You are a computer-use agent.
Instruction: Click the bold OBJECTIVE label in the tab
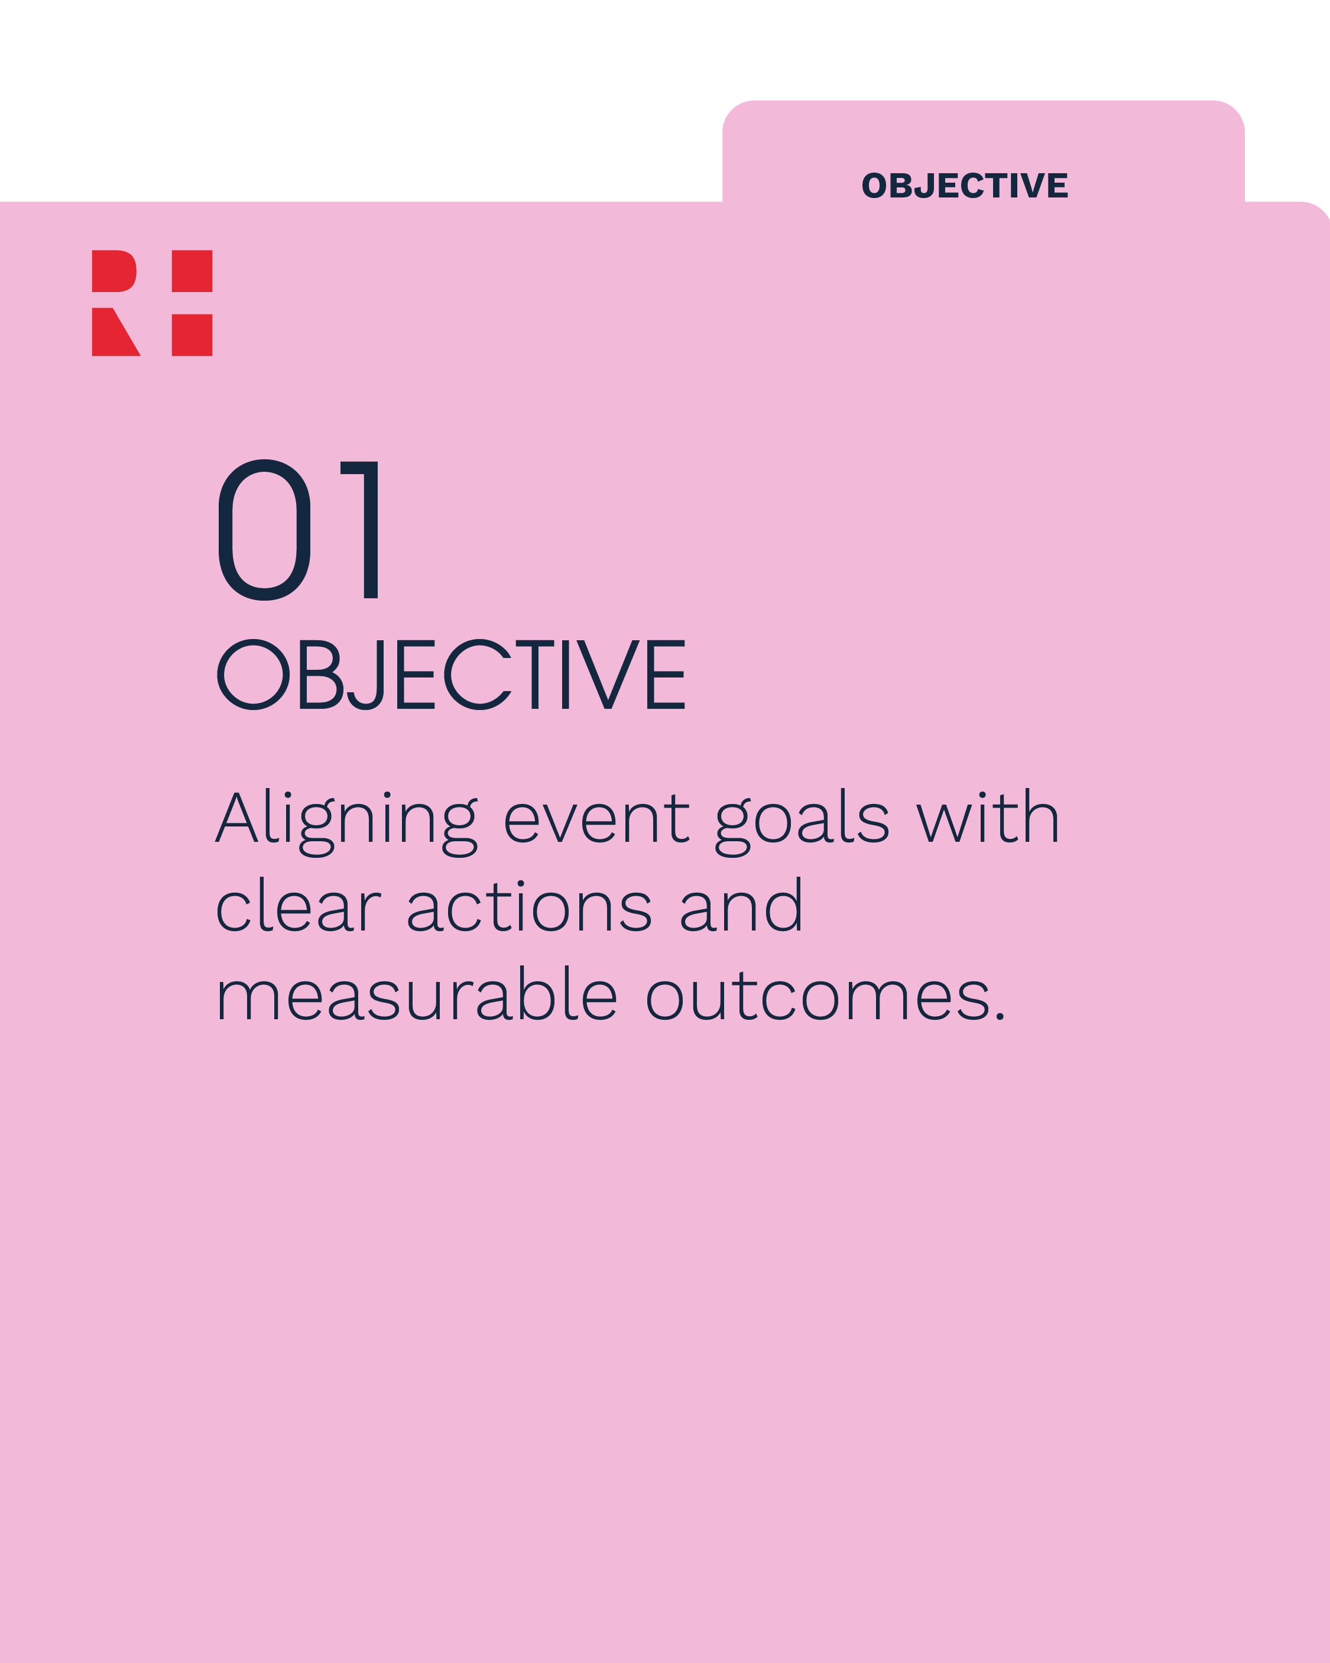point(964,186)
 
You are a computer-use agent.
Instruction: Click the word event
point(596,819)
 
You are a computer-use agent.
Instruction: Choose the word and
point(741,906)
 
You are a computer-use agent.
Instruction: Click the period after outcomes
point(1000,1017)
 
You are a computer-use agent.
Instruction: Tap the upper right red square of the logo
point(192,271)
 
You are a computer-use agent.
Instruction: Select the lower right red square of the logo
point(192,335)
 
